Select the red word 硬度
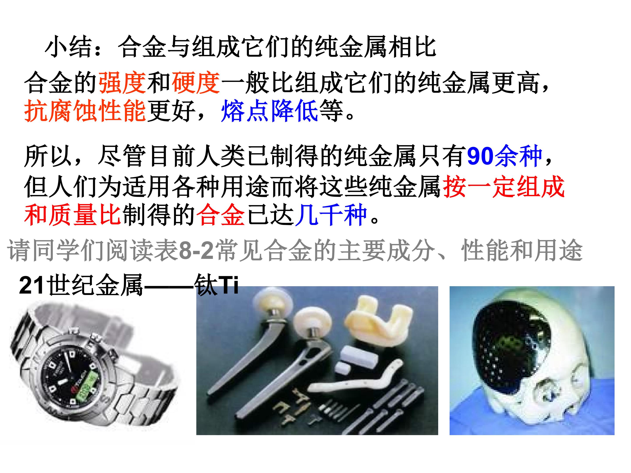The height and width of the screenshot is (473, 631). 196,83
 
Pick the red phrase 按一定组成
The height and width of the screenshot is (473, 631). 504,187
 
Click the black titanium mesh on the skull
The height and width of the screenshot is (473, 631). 511,351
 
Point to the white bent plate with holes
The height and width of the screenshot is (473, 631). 356,381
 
